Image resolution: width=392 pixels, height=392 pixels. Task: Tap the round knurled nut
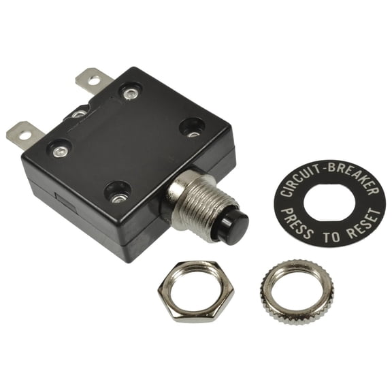(x=296, y=292)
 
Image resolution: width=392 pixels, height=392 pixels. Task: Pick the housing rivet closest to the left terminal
(x=60, y=149)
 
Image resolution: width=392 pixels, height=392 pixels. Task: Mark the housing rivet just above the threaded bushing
(x=192, y=127)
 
